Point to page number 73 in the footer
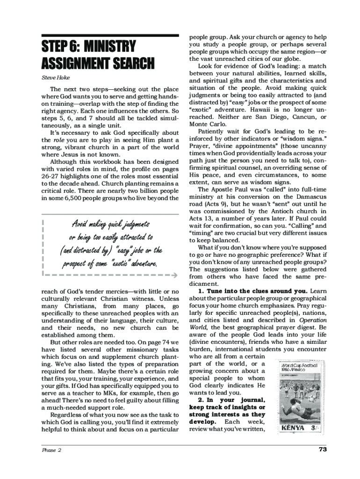tap(322, 450)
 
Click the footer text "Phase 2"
tap(51, 450)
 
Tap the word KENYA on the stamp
tap(293, 428)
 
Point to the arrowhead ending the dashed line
tap(175, 275)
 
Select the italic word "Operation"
tap(313, 320)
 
